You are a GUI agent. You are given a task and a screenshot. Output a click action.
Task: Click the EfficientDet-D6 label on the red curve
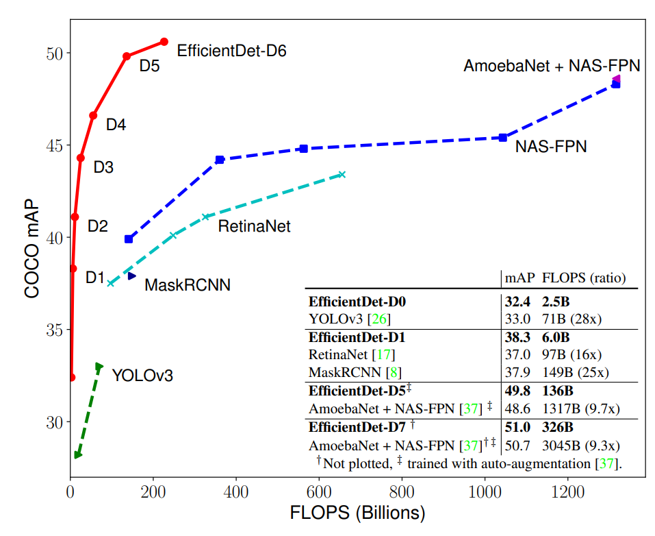click(231, 51)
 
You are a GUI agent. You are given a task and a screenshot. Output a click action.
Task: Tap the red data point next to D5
click(127, 56)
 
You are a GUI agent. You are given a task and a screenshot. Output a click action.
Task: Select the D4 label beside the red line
click(116, 125)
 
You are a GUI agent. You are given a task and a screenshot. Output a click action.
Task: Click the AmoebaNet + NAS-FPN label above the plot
click(552, 66)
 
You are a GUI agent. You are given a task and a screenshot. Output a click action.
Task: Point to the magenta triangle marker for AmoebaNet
click(616, 79)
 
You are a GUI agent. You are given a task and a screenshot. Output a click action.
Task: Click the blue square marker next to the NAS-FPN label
click(503, 137)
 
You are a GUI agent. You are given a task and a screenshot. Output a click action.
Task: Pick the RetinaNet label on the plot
click(254, 226)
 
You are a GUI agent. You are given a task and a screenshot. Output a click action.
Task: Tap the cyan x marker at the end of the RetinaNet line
click(342, 175)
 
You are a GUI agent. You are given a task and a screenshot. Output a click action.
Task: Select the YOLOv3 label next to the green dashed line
click(142, 376)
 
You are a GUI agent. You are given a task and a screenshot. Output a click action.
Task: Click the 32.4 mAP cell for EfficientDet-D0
click(518, 301)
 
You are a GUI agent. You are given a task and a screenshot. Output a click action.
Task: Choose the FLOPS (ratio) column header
click(584, 278)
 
